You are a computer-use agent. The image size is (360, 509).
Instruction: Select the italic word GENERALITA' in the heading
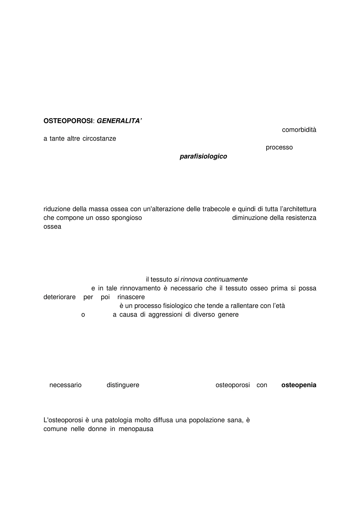click(119, 121)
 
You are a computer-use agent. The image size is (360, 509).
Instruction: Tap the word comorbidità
click(299, 130)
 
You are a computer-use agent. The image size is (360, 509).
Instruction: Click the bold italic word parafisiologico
click(203, 156)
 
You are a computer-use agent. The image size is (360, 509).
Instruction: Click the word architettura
click(298, 209)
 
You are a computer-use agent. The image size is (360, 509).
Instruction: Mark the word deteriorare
click(60, 297)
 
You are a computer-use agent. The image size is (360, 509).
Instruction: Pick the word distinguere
click(123, 385)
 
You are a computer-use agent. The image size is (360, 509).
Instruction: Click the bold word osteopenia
click(299, 385)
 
